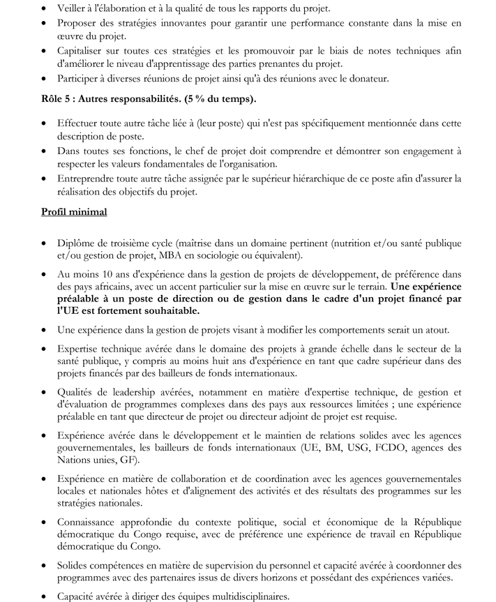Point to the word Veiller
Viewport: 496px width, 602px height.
75,8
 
